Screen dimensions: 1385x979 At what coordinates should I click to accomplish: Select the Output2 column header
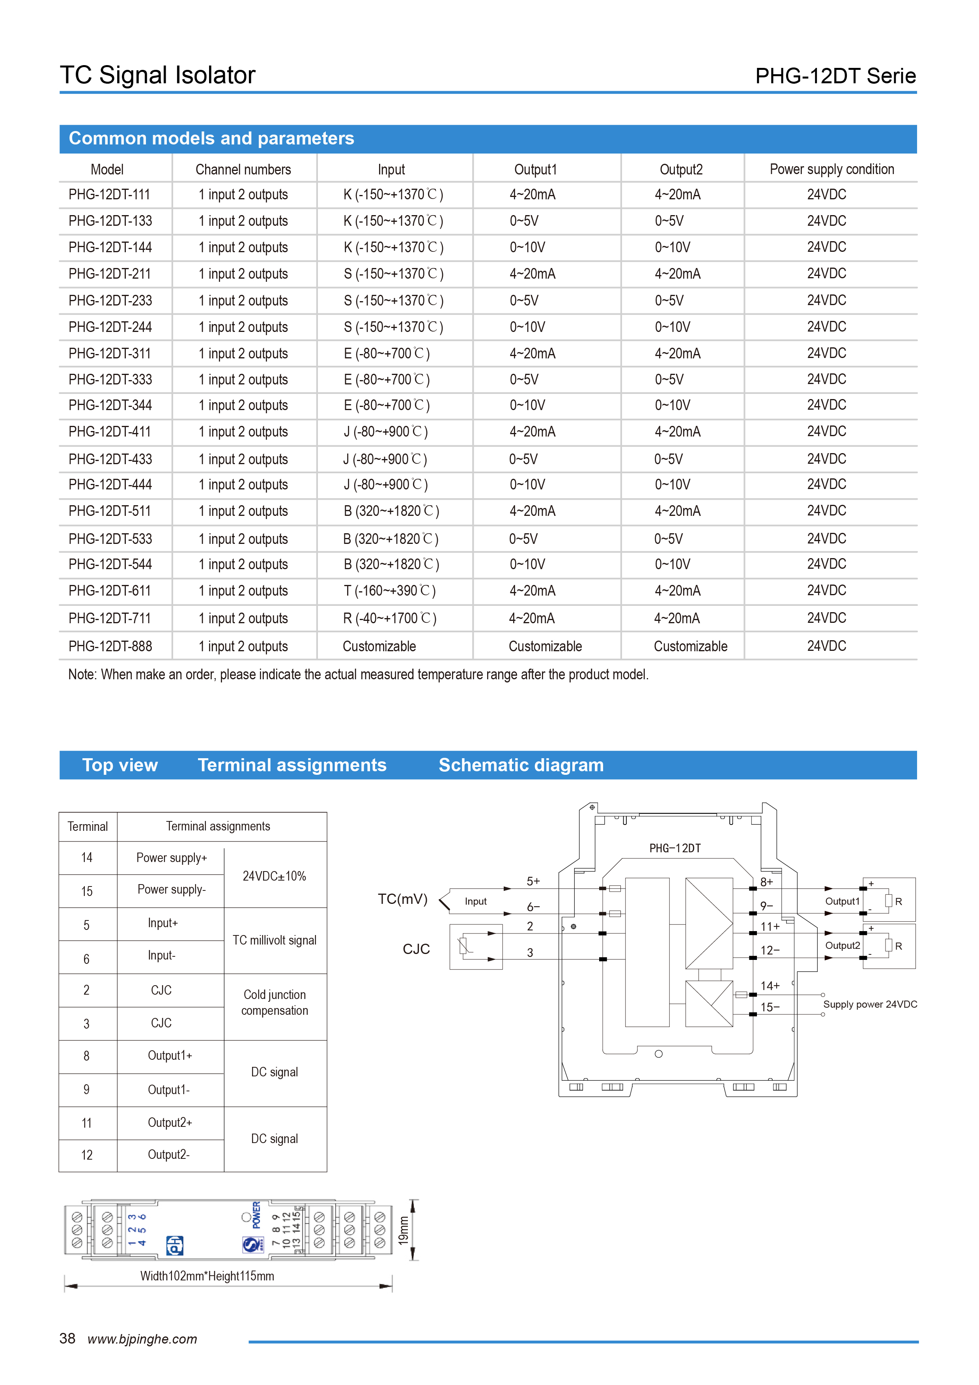(680, 169)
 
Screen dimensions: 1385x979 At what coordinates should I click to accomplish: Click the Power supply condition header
(831, 169)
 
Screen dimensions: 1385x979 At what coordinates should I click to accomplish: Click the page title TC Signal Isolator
(157, 75)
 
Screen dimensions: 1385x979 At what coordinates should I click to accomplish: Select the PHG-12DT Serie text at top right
(835, 76)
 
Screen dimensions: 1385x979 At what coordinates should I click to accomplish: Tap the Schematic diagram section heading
(521, 765)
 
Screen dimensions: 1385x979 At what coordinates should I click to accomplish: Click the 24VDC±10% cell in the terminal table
(274, 876)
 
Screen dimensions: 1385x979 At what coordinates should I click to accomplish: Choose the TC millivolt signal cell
(274, 941)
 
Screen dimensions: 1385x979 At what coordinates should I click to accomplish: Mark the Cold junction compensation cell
(274, 1003)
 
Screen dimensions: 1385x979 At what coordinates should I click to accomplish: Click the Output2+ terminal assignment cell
(170, 1123)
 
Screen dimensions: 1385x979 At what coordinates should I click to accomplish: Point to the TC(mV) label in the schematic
(402, 900)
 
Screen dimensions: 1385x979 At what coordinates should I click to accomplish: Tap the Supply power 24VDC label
(870, 1005)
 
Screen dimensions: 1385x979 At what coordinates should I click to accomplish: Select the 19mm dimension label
(403, 1230)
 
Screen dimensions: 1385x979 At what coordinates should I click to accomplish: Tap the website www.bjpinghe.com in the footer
(142, 1339)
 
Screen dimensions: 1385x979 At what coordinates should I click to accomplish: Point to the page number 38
(67, 1338)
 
